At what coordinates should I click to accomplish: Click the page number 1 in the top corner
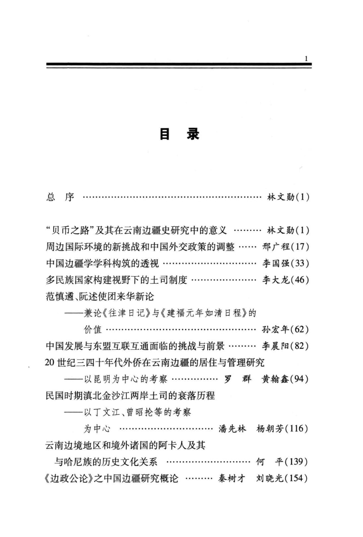coord(306,59)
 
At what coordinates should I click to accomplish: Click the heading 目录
coord(180,134)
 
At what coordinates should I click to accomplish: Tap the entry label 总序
coord(60,197)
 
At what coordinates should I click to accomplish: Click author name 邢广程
coord(276,247)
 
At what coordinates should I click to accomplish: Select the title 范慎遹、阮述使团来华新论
coord(100,296)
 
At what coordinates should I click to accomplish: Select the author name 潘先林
coord(232,429)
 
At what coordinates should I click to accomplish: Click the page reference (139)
coord(296,462)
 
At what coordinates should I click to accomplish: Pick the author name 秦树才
coord(232,478)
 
